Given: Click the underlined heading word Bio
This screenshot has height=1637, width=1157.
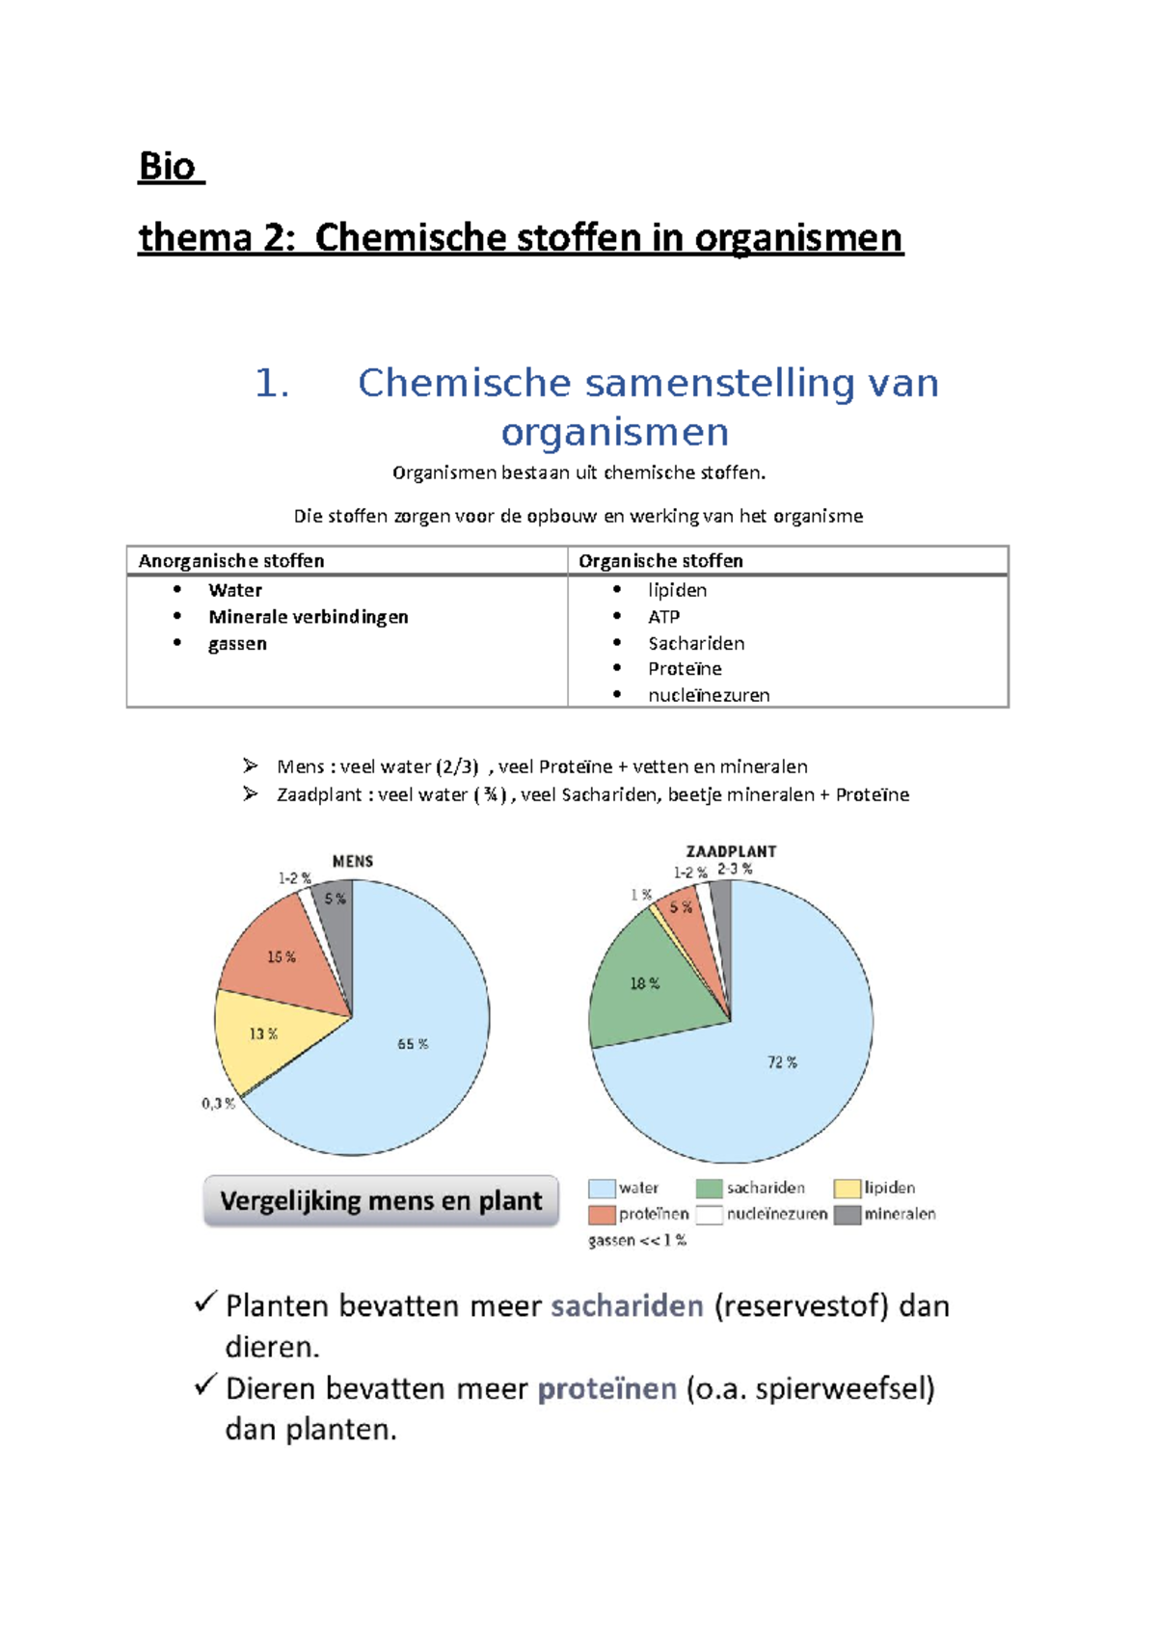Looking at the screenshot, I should [168, 167].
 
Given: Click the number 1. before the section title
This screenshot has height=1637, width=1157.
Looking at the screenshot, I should [271, 384].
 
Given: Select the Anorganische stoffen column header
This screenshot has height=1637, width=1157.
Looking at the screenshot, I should [231, 561].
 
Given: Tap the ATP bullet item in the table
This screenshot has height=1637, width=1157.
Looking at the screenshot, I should [663, 617].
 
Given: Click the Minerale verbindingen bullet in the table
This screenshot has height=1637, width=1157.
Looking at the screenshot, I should [308, 617].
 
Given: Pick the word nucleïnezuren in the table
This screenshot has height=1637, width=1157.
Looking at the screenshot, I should [709, 695].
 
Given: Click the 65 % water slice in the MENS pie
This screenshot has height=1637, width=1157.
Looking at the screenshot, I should [413, 1044].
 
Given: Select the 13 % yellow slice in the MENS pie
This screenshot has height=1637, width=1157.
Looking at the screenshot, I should [262, 1034].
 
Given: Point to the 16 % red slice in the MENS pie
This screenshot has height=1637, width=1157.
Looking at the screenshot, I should [281, 956].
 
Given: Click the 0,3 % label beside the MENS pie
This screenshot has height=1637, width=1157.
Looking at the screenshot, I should [218, 1104].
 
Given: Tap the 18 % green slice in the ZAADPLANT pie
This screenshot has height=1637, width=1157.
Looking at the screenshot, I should [644, 983].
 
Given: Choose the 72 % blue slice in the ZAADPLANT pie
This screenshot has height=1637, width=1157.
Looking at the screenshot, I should [781, 1062].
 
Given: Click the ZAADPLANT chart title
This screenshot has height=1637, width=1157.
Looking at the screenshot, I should [731, 851].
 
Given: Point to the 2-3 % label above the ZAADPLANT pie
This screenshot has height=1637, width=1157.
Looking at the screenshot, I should [735, 869].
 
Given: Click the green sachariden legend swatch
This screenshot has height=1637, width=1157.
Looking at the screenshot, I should [709, 1189].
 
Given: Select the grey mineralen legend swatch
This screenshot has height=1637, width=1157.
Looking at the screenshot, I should [847, 1215].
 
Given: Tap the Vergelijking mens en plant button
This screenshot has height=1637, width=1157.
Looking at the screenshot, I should [381, 1201].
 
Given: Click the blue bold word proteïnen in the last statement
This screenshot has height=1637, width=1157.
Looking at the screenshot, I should [606, 1389].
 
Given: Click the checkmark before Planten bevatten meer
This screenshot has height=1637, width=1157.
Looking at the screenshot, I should [205, 1303].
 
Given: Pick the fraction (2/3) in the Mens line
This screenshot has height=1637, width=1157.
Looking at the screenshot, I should [456, 767].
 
